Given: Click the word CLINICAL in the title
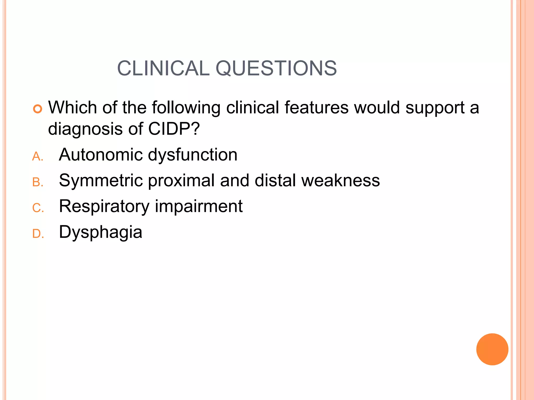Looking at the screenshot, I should [x=163, y=68].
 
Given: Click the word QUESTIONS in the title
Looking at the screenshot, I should [x=276, y=68].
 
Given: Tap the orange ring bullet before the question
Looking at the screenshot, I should [x=38, y=109].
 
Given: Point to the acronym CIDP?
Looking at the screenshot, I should [x=174, y=129].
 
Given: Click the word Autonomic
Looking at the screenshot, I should [x=101, y=155].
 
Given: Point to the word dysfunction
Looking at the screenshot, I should [x=193, y=155].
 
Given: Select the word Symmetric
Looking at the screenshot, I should [x=101, y=180].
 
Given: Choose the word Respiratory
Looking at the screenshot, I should [x=104, y=207].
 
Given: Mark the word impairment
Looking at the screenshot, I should [x=199, y=206].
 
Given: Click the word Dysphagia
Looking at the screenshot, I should [x=101, y=232].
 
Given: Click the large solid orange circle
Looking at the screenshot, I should [x=492, y=349].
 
